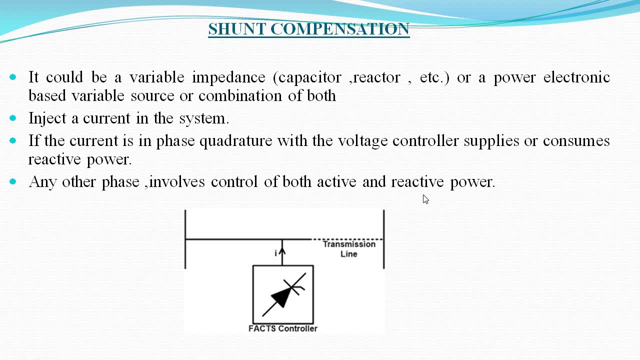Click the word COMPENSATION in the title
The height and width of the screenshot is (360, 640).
point(340,29)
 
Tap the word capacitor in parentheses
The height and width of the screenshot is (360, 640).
point(309,77)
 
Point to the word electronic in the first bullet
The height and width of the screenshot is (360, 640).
point(576,77)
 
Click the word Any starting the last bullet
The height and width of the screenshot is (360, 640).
point(42,182)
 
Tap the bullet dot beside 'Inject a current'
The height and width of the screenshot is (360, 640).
point(13,118)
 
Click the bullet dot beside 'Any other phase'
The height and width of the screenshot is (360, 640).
point(13,181)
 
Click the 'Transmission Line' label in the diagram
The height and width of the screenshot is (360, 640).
point(349,248)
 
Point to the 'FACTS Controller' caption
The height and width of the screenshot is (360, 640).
point(283,328)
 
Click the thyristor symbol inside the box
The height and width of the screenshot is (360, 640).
point(283,295)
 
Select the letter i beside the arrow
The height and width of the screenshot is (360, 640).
point(275,253)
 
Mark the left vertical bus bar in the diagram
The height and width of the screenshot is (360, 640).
point(185,239)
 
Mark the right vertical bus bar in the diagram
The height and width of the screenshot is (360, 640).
point(383,239)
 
